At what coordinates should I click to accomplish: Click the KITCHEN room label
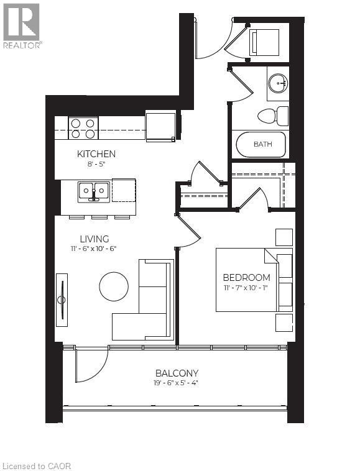tap(96, 153)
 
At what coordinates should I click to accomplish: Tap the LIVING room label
tap(94, 239)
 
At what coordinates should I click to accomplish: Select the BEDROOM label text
tap(246, 277)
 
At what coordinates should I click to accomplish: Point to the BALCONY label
tap(177, 373)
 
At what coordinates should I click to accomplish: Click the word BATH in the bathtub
tap(262, 144)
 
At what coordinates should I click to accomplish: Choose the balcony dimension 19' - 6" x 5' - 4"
tap(177, 383)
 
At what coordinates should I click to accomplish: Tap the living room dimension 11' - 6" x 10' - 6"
tap(94, 249)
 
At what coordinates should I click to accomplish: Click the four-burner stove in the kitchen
tap(83, 128)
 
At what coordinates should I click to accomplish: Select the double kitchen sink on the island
tap(94, 191)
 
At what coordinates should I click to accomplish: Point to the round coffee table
tap(114, 286)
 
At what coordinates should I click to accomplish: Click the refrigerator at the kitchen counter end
tap(160, 126)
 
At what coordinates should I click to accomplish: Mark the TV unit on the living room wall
tap(62, 300)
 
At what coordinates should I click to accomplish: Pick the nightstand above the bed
tap(284, 237)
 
